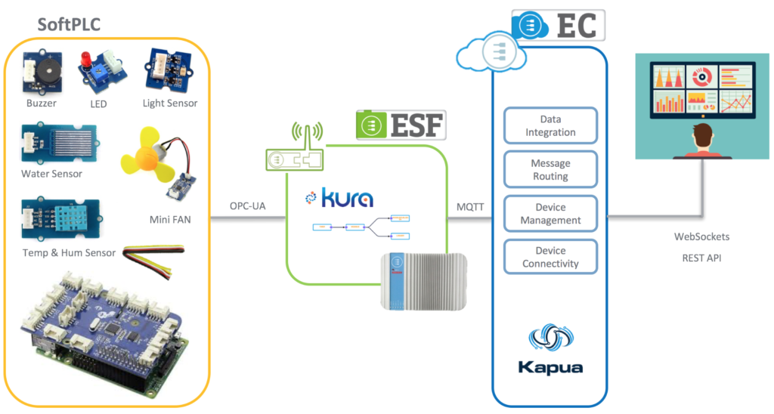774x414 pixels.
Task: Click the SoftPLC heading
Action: click(70, 24)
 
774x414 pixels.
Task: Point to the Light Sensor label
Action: click(169, 103)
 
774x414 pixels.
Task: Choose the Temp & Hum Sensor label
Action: click(69, 252)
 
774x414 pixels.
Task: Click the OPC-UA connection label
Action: click(247, 206)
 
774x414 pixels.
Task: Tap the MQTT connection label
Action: click(469, 206)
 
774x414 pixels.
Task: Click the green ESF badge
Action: click(401, 124)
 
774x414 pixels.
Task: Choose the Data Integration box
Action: click(550, 126)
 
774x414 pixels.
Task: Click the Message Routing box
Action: click(550, 170)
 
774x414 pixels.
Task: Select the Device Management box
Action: click(550, 214)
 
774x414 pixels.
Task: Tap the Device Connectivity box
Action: click(550, 258)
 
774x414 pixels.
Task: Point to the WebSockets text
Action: click(701, 237)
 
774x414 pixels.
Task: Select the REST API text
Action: click(701, 257)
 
